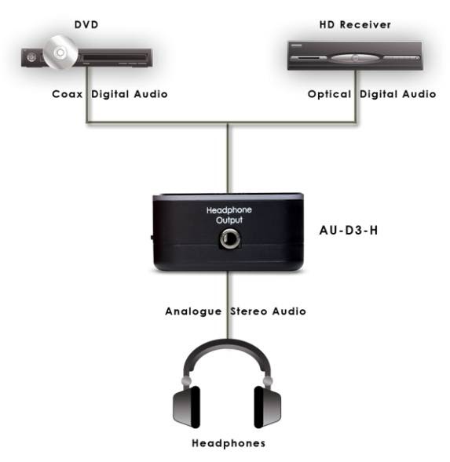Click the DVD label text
pos(86,24)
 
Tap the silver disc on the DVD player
pos(60,53)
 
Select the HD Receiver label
pos(355,24)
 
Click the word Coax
pos(67,94)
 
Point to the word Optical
pos(329,94)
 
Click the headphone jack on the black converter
pos(230,238)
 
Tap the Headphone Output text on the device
pos(229,215)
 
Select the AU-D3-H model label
pos(349,230)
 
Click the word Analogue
pos(193,311)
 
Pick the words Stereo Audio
pos(269,311)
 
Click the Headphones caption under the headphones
pos(229,443)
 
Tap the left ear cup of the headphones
pos(186,407)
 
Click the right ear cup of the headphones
pos(268,407)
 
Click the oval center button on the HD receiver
pos(355,58)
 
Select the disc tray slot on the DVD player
pos(115,57)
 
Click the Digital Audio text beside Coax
pos(130,94)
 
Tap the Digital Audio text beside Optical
pos(397,94)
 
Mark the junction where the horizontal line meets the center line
pos(228,122)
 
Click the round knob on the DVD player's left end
pos(31,57)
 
